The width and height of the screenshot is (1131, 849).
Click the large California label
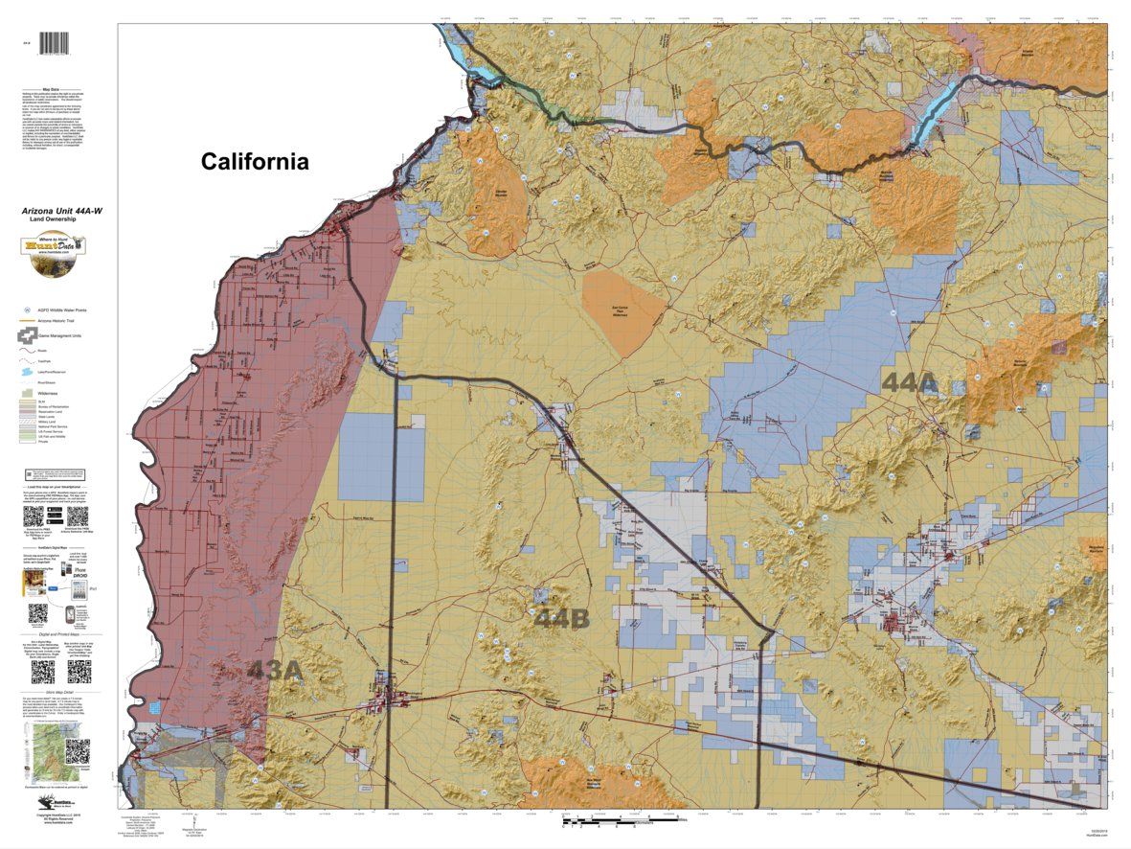point(255,162)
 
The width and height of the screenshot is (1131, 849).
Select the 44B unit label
point(562,619)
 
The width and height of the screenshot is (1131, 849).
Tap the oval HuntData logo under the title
point(54,246)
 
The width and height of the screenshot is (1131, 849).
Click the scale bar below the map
point(613,822)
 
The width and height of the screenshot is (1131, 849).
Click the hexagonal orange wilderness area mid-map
point(623,311)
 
